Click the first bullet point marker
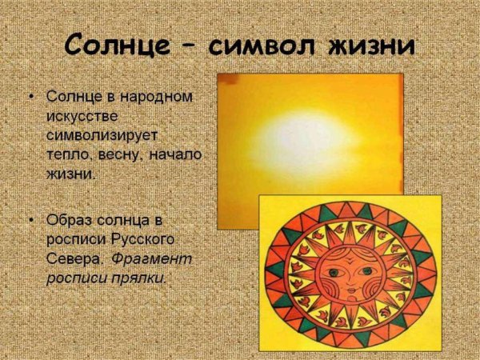click(x=31, y=98)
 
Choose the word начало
click(x=175, y=154)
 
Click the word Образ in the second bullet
click(x=70, y=219)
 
